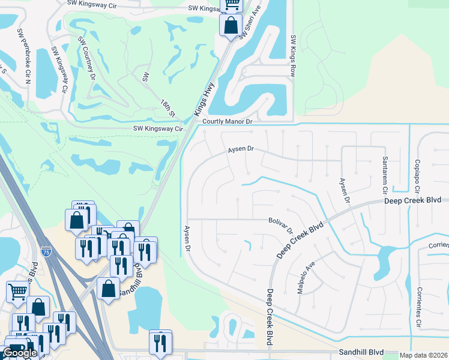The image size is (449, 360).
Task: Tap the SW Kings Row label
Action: point(294,55)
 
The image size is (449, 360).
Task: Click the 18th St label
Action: point(167,107)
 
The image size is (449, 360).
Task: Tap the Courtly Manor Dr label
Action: point(228,121)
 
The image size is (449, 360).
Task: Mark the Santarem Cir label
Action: point(385,172)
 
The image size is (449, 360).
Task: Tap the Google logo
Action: point(20,353)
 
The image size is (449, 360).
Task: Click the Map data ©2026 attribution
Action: point(423,355)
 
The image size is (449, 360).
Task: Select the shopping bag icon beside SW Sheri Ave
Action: point(231,26)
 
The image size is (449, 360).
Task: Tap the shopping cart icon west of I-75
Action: point(17,292)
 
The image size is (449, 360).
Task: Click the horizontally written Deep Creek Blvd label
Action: point(413,200)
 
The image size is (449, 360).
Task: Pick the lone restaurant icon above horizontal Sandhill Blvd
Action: point(160,343)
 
